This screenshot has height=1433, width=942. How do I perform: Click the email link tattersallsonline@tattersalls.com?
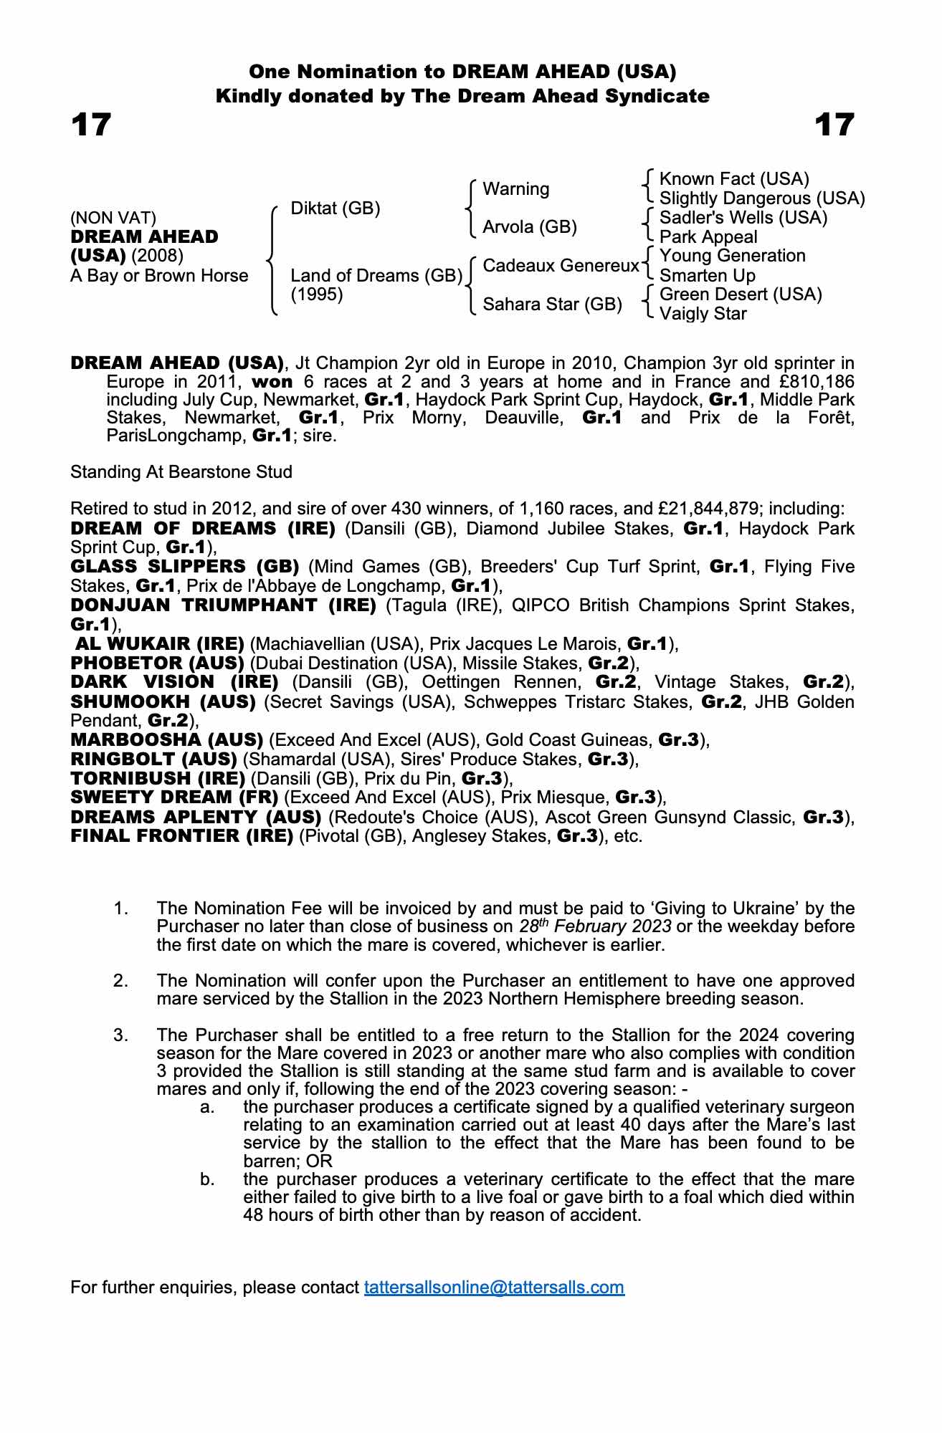(494, 1288)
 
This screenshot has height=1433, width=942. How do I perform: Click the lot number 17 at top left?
(91, 125)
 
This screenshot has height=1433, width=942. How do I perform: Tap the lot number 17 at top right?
(834, 125)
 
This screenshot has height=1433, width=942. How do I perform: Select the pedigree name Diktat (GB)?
(336, 209)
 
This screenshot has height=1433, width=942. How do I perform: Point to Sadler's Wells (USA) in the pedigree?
(743, 218)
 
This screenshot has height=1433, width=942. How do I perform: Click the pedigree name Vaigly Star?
(703, 314)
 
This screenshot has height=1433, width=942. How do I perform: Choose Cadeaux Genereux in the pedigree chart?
(561, 266)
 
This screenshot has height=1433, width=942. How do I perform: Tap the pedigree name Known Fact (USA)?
(734, 179)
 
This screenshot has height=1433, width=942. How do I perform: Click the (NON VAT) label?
(113, 218)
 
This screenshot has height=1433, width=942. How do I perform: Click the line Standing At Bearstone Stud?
(181, 472)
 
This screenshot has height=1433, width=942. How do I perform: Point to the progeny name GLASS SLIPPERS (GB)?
(185, 567)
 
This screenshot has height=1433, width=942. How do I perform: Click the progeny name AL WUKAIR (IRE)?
(160, 643)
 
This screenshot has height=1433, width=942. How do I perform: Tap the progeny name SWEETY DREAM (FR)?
(174, 797)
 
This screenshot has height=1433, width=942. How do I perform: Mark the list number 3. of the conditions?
(120, 1035)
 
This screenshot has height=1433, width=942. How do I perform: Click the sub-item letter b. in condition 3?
(208, 1179)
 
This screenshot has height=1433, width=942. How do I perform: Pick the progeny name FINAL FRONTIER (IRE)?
(182, 836)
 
